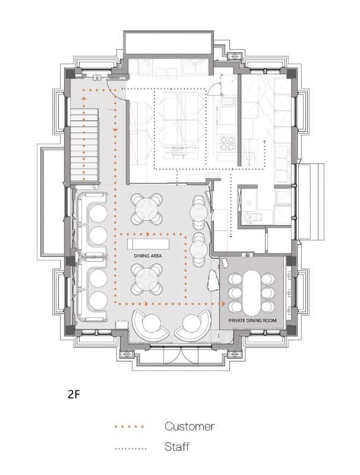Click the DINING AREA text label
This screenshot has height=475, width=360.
(147, 256)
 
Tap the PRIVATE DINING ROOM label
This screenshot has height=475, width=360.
(252, 320)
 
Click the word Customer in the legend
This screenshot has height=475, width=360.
(190, 426)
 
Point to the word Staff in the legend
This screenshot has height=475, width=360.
(177, 446)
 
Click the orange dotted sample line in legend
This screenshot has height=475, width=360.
(130, 427)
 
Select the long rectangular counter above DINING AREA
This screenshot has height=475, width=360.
(148, 244)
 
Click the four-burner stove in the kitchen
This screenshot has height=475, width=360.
(228, 143)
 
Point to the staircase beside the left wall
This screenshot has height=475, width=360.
(84, 146)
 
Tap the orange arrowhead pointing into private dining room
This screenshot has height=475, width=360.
(223, 303)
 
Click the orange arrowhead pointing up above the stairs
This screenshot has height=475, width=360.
(83, 99)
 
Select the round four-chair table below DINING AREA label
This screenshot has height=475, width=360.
(147, 278)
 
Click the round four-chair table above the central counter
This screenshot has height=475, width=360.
(147, 209)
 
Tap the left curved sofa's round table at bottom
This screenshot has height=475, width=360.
(151, 324)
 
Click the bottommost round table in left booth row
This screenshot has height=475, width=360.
(98, 300)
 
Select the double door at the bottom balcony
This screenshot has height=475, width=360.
(181, 356)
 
